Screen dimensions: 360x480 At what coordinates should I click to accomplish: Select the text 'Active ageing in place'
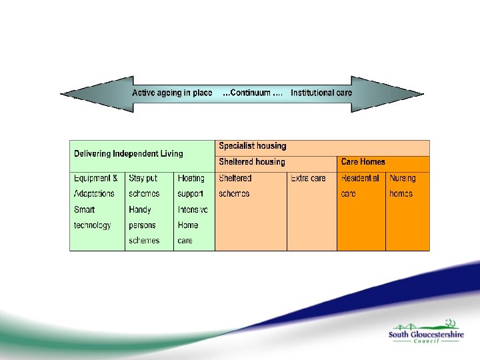coord(172,93)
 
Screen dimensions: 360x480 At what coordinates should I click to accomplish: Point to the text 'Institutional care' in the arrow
coord(321,93)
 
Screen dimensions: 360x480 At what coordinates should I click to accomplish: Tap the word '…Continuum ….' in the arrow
coord(252,93)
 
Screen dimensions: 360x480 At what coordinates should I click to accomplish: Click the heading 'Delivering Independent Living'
coord(128,154)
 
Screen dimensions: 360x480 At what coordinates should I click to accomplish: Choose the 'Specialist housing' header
coord(253,146)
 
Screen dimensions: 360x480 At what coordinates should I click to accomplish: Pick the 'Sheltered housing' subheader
coord(252,162)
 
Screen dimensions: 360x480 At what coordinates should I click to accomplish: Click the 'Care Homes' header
coord(363,162)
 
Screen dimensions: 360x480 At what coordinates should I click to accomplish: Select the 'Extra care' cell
coord(309,178)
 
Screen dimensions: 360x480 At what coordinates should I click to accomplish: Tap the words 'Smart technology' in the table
coord(93,217)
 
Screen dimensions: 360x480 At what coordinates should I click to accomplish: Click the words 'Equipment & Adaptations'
coord(95,186)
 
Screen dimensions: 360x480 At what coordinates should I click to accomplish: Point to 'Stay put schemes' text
coord(144,186)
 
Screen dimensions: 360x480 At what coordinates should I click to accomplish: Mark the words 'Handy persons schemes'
coord(144,225)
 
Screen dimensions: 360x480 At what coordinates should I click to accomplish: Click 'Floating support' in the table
coord(191,186)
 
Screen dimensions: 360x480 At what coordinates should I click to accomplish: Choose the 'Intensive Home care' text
coord(193,225)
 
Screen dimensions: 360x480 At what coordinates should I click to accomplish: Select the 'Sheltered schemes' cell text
coord(235,186)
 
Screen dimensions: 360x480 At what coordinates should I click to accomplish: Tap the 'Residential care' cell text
coord(360,186)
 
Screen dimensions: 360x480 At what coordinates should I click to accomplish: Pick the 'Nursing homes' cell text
coord(402,186)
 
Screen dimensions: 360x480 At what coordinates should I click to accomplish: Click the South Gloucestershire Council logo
coord(426,333)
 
